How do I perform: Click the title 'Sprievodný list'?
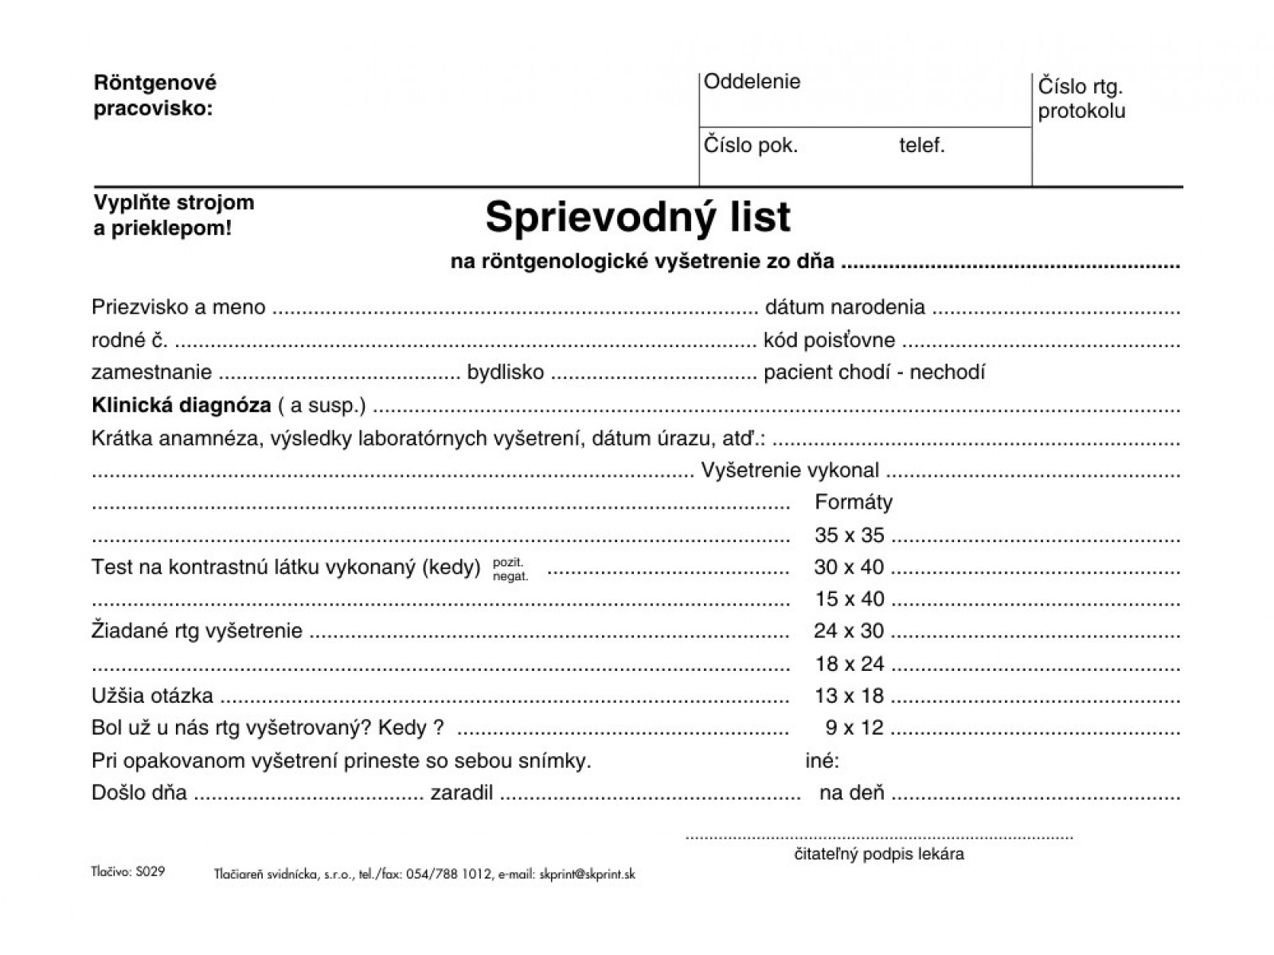coord(638,217)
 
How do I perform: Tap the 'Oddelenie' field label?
coord(752,82)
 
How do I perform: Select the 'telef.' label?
coord(922,146)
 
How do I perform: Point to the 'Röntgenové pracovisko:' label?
coord(155,95)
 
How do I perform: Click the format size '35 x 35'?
coord(849,535)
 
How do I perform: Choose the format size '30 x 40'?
coord(849,567)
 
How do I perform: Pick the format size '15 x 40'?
coord(849,598)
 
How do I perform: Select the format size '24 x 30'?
coord(849,631)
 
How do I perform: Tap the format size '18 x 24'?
coord(849,663)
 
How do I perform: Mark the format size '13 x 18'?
coord(849,696)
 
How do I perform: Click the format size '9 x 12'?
coord(854,727)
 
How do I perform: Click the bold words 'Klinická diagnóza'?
coord(182,405)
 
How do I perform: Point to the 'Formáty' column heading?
coord(854,502)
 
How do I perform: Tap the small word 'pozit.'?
coord(508,562)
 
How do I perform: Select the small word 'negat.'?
coord(510,576)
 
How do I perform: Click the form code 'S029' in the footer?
coord(150,871)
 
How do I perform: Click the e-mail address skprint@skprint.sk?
coord(587,874)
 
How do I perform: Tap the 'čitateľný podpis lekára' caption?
coord(879,855)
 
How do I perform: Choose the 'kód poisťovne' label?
coord(829,341)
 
